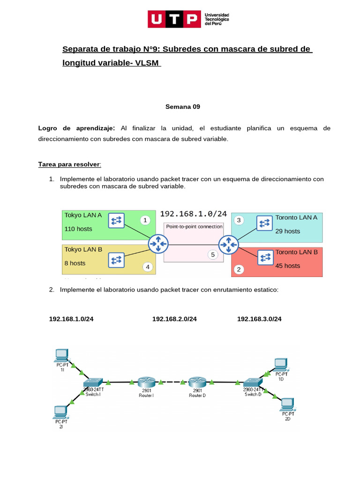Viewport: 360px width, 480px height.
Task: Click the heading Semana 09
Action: coord(183,107)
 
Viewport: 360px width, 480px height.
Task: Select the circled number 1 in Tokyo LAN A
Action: coord(145,220)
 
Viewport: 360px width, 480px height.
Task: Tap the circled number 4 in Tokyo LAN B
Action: coord(148,267)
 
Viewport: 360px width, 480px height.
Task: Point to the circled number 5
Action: coord(213,255)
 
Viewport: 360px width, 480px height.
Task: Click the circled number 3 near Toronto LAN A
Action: coord(239,220)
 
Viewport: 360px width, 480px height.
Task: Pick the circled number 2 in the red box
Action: coord(239,269)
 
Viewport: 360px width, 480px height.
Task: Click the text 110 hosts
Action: coord(78,229)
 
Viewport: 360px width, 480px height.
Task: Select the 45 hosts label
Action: coord(288,266)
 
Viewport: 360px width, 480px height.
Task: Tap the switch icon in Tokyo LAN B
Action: coord(116,260)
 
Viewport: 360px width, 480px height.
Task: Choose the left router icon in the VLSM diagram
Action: coord(158,244)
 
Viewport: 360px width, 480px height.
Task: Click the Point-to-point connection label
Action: coord(194,226)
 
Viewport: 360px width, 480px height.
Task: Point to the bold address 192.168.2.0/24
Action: coord(174,319)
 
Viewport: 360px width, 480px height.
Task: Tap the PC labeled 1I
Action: coord(62,355)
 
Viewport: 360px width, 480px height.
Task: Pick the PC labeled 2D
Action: coord(287,404)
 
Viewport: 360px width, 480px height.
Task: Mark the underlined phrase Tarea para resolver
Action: coord(69,165)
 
